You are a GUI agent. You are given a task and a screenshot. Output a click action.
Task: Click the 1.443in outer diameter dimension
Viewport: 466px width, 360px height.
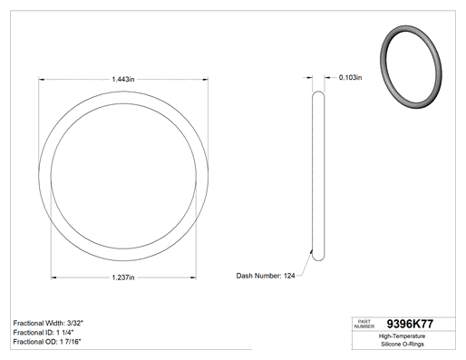pos(123,79)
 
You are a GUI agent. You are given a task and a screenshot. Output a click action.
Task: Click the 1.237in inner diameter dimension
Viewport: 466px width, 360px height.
pos(123,277)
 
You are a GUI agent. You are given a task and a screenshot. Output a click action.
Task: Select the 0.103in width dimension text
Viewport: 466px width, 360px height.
pos(350,77)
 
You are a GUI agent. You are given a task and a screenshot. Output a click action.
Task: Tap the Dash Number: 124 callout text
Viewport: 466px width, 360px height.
pos(266,276)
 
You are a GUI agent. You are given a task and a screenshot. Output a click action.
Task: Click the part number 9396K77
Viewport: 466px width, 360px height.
pos(410,324)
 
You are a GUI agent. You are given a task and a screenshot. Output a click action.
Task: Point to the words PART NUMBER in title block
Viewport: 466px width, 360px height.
pos(364,324)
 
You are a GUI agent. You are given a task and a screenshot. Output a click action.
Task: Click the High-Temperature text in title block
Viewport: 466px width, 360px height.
pos(402,336)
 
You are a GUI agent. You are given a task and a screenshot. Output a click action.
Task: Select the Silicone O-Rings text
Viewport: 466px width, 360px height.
pos(403,344)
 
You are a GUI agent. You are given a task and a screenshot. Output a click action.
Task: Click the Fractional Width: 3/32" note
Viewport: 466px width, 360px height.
pos(48,323)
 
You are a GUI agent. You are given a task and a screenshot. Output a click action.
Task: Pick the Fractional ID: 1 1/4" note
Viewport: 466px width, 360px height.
pos(44,333)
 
